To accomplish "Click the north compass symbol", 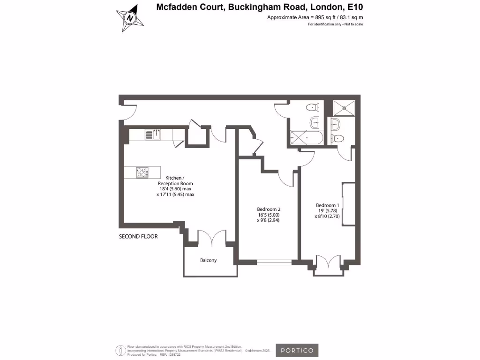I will [x=130, y=18].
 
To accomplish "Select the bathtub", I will [x=306, y=138].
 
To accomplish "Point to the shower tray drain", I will [x=346, y=107].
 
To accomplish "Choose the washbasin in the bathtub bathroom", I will [x=315, y=123].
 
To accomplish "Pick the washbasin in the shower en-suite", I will [x=336, y=124].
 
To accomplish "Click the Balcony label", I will [x=209, y=260].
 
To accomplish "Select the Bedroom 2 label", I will [x=269, y=209].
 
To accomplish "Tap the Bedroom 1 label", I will [x=327, y=205].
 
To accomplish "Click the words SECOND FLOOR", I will [x=138, y=237].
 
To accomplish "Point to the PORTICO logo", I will [x=297, y=350].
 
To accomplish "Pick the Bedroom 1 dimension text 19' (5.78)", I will [x=328, y=211].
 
